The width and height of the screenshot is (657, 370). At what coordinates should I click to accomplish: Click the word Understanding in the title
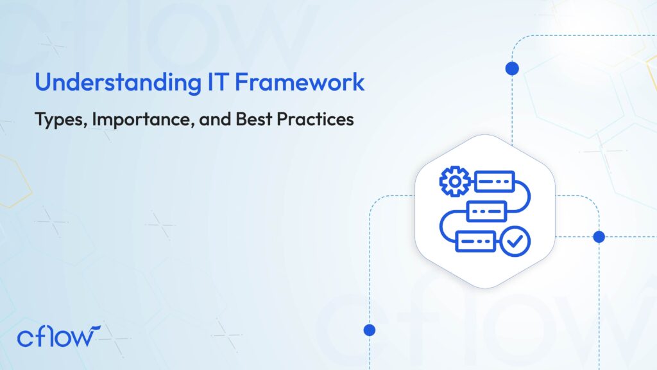click(x=118, y=82)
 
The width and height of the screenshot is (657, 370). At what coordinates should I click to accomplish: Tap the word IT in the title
click(x=218, y=82)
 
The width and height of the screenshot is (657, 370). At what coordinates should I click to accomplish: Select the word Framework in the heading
click(x=300, y=82)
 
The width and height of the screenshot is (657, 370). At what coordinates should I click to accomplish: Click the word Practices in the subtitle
click(x=315, y=119)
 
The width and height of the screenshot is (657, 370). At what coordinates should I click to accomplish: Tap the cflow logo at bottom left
click(x=58, y=336)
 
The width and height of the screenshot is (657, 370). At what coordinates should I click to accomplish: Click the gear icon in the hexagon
click(x=455, y=181)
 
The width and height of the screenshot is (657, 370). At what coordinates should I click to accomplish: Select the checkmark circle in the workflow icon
click(x=515, y=242)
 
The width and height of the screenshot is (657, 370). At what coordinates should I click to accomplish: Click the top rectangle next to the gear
click(x=495, y=181)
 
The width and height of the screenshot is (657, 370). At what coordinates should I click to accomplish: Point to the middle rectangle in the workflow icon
click(x=486, y=211)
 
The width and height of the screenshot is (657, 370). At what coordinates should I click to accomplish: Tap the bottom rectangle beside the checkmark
click(x=475, y=242)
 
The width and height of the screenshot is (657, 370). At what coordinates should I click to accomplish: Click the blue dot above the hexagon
click(x=512, y=68)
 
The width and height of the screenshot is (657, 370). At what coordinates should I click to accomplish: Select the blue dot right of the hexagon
click(x=599, y=236)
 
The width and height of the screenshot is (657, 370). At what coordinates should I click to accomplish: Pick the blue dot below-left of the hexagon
click(x=369, y=330)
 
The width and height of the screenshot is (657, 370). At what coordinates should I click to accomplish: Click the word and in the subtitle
click(x=215, y=119)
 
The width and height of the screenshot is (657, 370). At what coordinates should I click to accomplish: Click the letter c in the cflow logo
click(x=25, y=339)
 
